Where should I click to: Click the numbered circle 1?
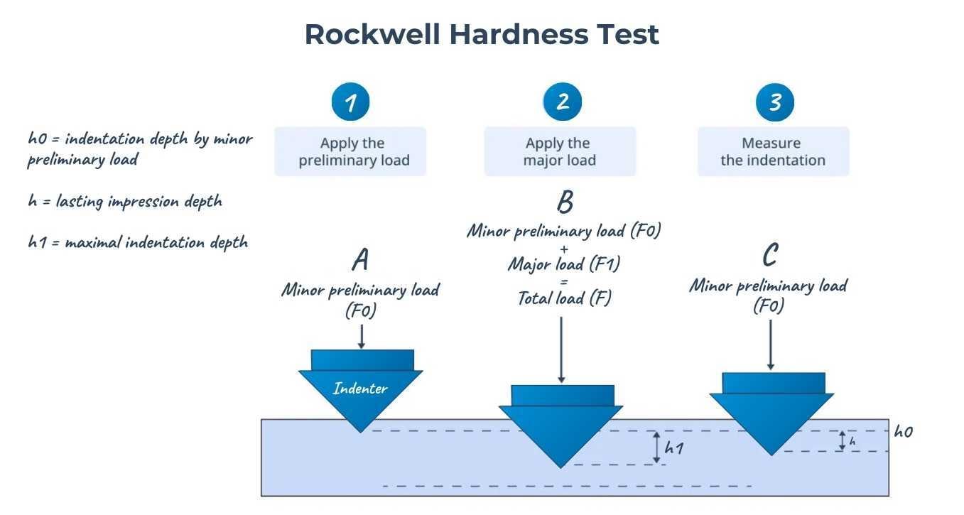[350, 103]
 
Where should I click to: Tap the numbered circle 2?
[563, 102]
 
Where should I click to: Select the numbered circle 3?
[774, 103]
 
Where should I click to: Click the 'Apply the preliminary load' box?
[351, 151]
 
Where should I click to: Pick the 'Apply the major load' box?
[560, 151]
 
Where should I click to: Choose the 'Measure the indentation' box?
[773, 151]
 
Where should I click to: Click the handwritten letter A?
[361, 261]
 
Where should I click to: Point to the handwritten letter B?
[565, 203]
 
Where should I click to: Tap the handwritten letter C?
[769, 254]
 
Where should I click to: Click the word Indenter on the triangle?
[360, 389]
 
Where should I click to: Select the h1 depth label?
[673, 448]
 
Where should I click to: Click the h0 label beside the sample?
[903, 431]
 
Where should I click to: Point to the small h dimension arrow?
[843, 441]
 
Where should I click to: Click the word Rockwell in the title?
[372, 34]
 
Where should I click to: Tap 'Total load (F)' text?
[564, 298]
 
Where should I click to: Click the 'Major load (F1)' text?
[564, 264]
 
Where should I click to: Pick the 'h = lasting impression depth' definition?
[125, 201]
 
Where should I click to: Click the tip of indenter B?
[560, 466]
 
